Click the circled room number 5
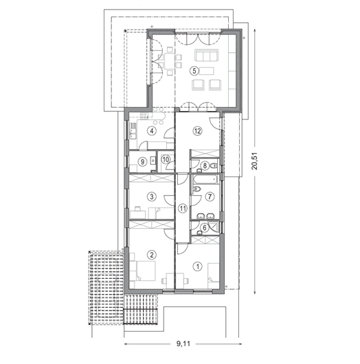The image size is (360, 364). coord(194,71)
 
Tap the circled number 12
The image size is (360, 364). coord(197,131)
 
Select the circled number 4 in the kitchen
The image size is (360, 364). coord(152,131)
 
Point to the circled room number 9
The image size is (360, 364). coord(143,162)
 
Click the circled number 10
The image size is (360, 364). coord(166,160)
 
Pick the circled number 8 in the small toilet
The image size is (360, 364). coord(205,166)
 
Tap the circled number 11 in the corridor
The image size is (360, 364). coord(183,208)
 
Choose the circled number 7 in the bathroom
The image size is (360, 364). coord(210,197)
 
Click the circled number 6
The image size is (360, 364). coord(204,228)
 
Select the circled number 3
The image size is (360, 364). coord(152,197)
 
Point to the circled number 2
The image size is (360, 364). coord(152,255)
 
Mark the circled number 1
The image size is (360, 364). coord(198,266)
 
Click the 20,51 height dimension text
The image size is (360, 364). coord(255,161)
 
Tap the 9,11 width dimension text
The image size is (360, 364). coord(183,343)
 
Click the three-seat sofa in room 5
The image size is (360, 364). coord(207,55)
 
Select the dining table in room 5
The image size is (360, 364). coord(170,61)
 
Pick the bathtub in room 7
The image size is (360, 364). coord(205,179)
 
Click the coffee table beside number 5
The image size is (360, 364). coord(207,71)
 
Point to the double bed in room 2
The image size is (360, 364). coord(146,271)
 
